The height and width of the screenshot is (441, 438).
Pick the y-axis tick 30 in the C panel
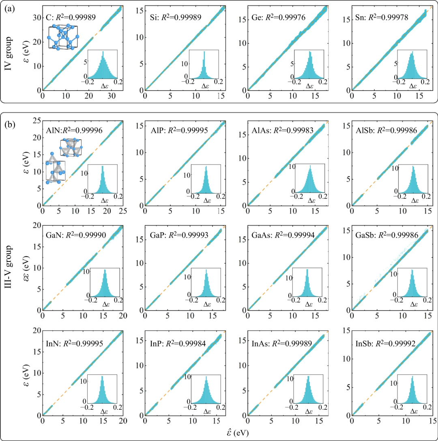pyautogui.click(x=35, y=17)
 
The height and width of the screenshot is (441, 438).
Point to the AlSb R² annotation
pyautogui.click(x=382, y=130)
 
